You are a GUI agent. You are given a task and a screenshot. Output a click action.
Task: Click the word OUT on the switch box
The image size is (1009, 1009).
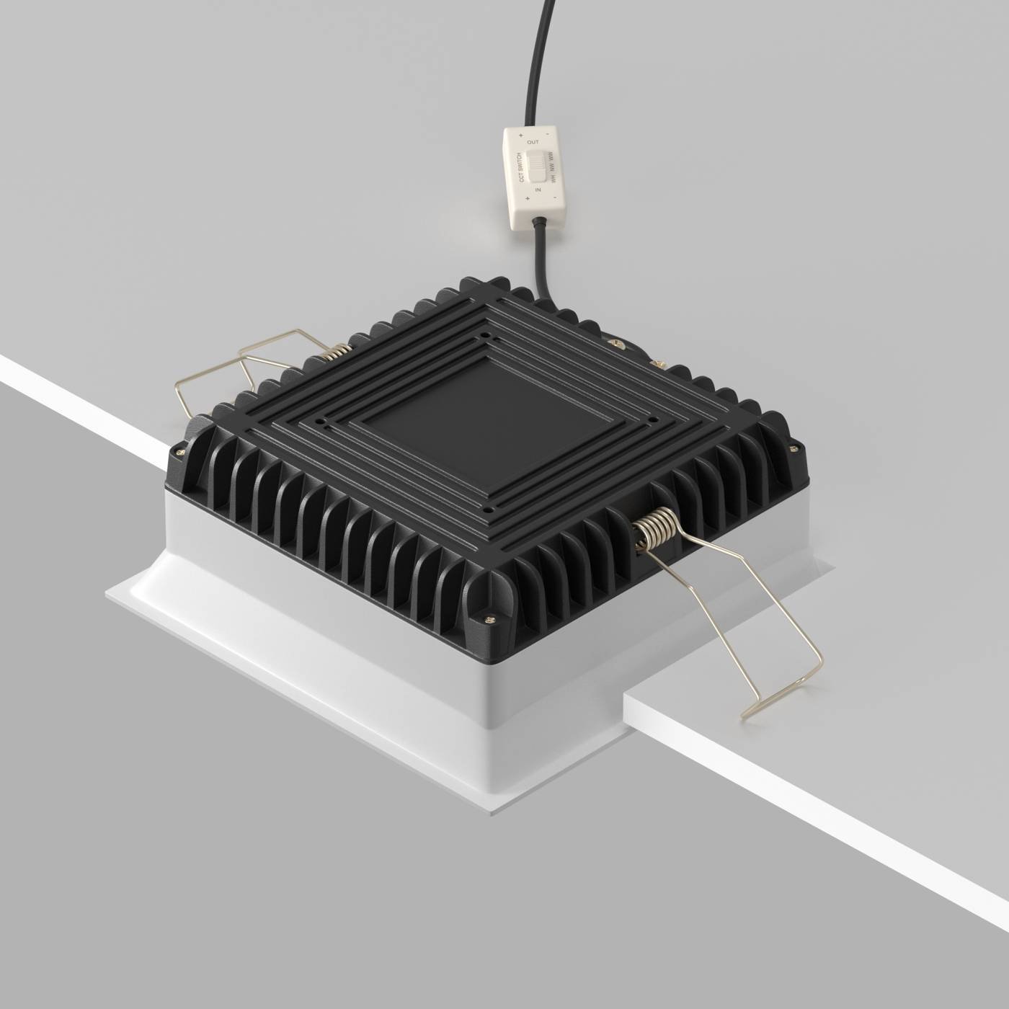click(533, 143)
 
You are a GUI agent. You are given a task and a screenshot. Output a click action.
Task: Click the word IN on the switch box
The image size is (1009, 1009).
click(538, 190)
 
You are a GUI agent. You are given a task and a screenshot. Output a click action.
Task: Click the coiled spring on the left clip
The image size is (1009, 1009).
click(337, 351)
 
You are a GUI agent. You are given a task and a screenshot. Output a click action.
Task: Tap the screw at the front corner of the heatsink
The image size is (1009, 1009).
click(491, 619)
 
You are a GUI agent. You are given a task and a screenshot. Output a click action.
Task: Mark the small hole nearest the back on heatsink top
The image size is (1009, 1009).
click(486, 335)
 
